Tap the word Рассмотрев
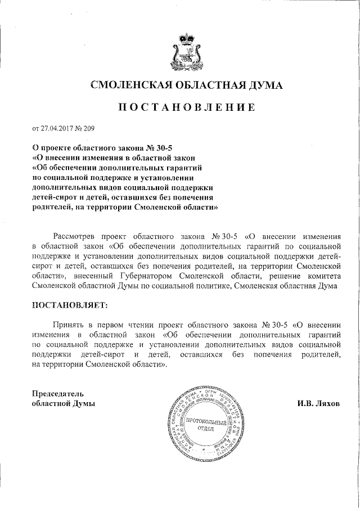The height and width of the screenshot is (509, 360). [76, 235]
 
